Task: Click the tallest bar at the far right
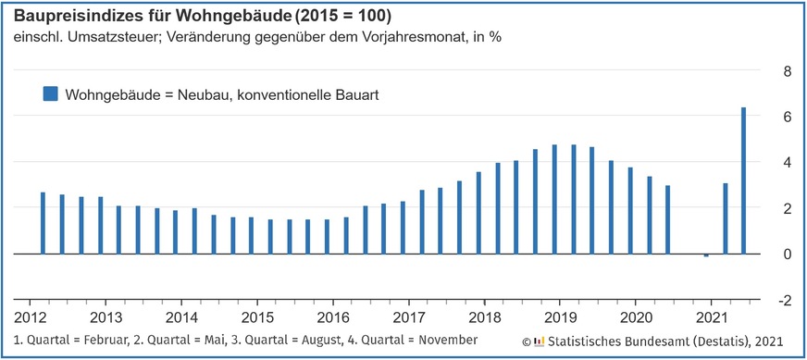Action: (x=744, y=180)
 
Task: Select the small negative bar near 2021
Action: (x=706, y=255)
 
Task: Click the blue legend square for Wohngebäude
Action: (x=50, y=93)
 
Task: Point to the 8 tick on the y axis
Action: (x=787, y=71)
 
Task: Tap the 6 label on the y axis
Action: (x=787, y=118)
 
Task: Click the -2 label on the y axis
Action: (x=784, y=301)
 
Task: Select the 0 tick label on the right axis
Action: (x=787, y=254)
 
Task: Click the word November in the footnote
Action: (x=443, y=341)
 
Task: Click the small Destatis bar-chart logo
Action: (x=540, y=341)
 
